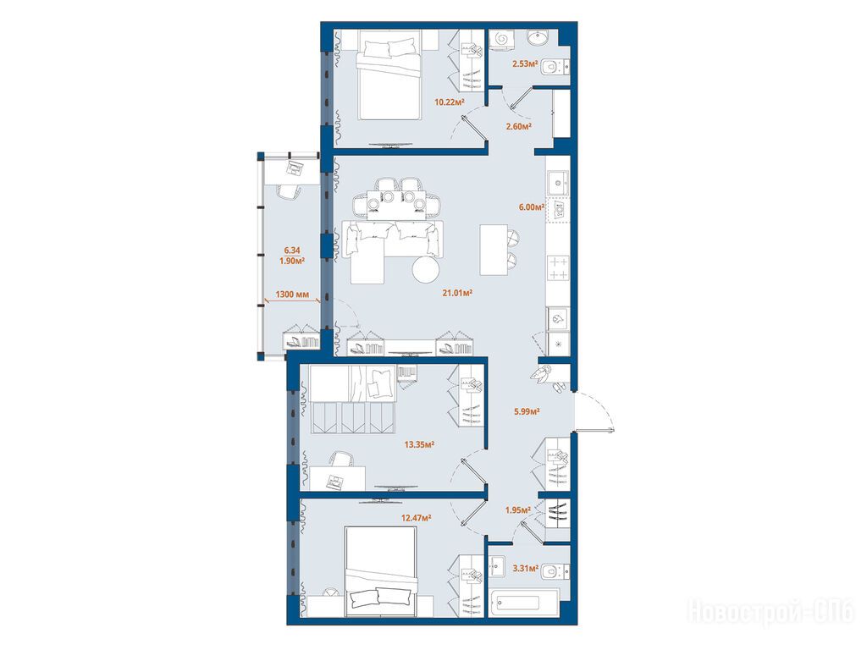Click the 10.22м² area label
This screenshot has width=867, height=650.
point(449,102)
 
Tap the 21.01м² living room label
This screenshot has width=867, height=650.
point(456,293)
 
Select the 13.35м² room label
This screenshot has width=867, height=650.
point(419,443)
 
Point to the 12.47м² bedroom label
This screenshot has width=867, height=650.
point(416,518)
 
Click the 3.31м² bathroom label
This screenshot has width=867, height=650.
point(525,568)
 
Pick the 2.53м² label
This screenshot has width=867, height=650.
point(525,63)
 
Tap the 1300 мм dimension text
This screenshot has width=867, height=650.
point(292,294)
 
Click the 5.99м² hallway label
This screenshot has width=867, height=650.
point(527,411)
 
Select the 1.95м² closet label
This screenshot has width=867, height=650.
point(518,510)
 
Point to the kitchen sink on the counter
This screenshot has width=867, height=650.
point(558,182)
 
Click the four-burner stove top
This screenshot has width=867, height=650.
point(558,268)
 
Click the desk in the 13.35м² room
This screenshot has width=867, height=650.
point(337,478)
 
